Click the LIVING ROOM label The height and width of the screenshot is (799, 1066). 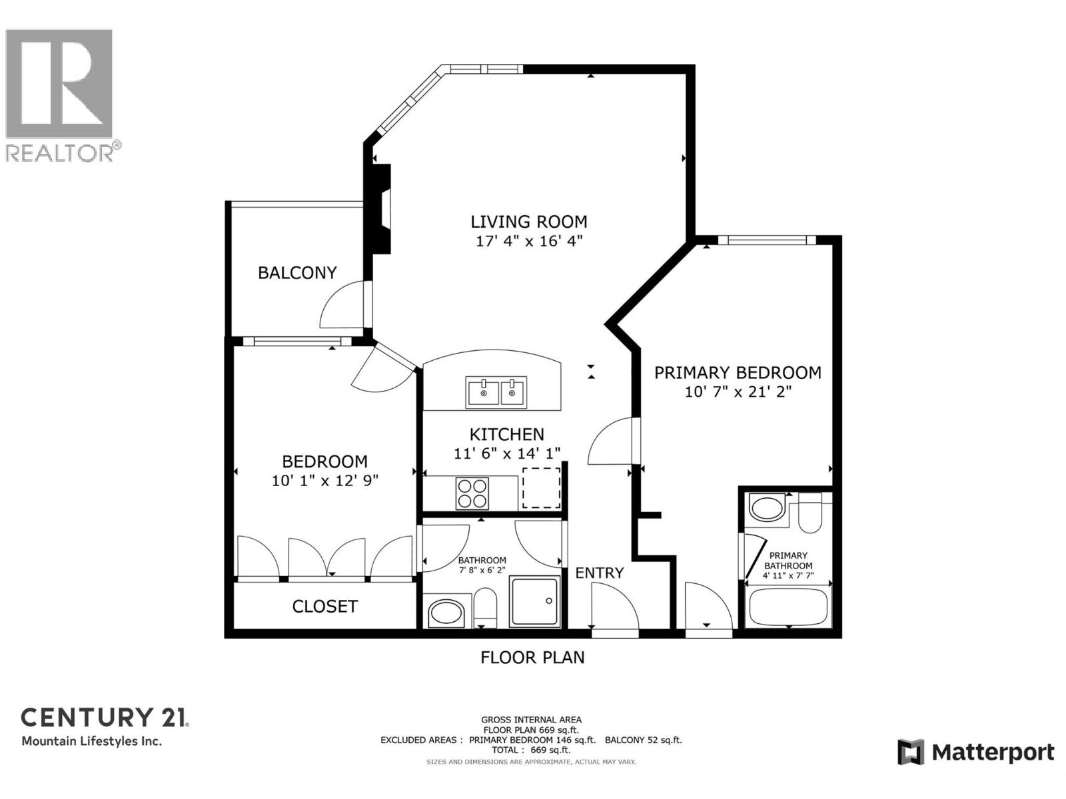click(529, 222)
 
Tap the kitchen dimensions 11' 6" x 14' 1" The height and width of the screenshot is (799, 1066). click(506, 453)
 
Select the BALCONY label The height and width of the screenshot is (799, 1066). click(297, 272)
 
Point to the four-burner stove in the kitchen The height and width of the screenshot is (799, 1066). click(472, 494)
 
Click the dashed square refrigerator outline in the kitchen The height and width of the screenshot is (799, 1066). click(541, 488)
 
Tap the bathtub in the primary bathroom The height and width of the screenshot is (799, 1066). click(788, 606)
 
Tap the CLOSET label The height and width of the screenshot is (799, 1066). click(324, 607)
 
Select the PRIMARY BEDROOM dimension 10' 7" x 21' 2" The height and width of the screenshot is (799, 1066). click(738, 392)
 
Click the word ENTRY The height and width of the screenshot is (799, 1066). click(599, 573)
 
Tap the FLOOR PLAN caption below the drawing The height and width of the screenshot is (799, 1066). click(532, 657)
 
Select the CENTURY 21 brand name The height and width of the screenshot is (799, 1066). click(105, 718)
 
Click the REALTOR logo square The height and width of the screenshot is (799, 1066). click(59, 84)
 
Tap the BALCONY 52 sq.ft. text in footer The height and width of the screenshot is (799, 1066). click(643, 740)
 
